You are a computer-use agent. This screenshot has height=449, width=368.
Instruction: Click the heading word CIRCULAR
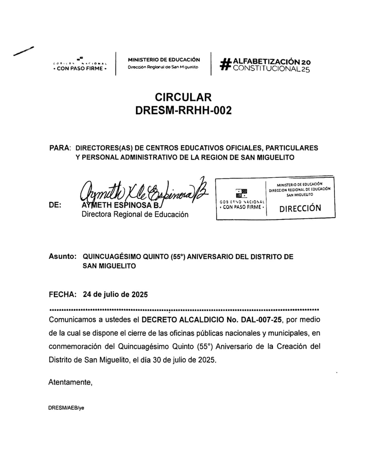pos(183,98)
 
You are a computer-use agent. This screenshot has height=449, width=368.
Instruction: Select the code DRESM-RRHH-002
pos(183,111)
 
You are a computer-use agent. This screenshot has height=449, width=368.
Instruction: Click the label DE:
pos(55,205)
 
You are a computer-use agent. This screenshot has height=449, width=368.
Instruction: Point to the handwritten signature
pos(142,190)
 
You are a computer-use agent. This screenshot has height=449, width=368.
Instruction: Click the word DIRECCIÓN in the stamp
pos(300,209)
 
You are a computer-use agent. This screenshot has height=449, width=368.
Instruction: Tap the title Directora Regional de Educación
pos(135,214)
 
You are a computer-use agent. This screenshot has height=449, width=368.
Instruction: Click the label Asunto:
pos(63,257)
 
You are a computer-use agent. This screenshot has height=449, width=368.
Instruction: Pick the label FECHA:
pos(62,295)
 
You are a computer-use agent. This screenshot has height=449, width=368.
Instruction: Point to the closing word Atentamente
pos(70,382)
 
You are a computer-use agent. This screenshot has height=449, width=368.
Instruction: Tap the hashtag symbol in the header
pos(225,64)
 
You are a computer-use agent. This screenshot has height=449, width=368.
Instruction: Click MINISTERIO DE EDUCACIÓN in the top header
pos(164,59)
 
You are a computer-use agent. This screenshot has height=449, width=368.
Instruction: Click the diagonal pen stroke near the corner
pos(23,51)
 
